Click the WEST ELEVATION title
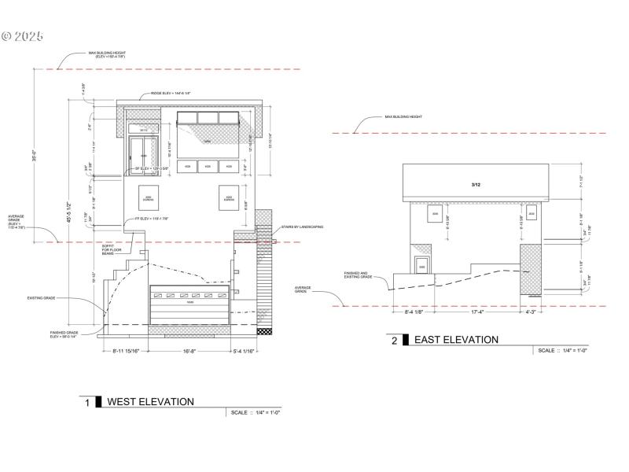pyautogui.click(x=150, y=402)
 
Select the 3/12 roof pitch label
pyautogui.click(x=475, y=184)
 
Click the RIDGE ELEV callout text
pyautogui.click(x=171, y=94)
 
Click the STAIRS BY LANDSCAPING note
pyautogui.click(x=303, y=227)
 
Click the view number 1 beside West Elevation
pyautogui.click(x=87, y=403)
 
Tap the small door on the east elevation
pyautogui.click(x=421, y=265)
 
